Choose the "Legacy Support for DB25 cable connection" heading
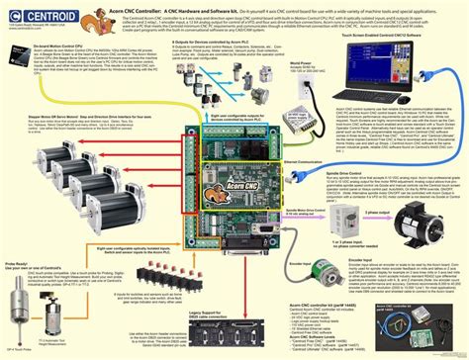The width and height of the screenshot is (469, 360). coord(192,312)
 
